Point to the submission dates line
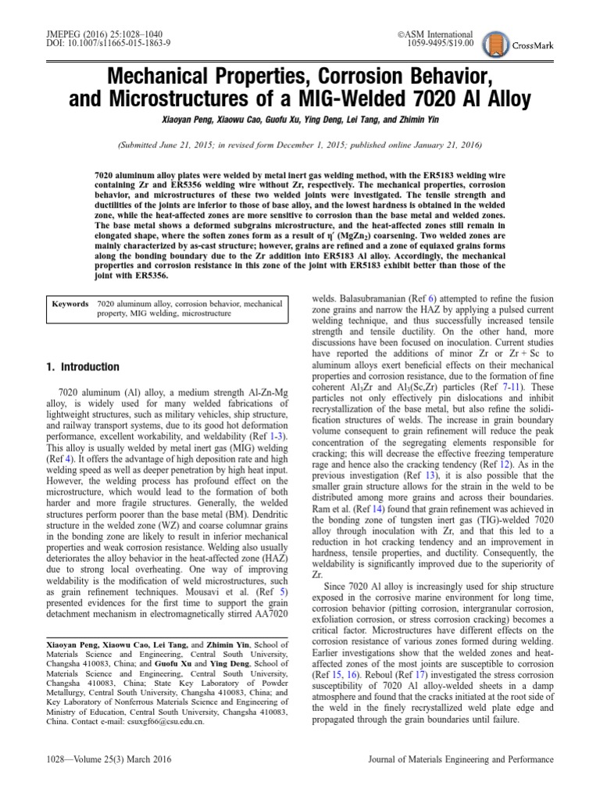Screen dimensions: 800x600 pos(300,145)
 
